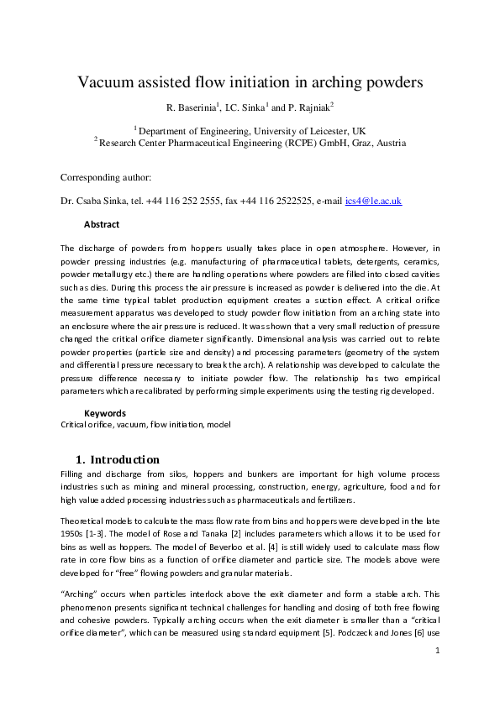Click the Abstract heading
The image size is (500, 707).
[102, 224]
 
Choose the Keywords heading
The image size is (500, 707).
[105, 413]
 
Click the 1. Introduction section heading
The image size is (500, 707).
[118, 459]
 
